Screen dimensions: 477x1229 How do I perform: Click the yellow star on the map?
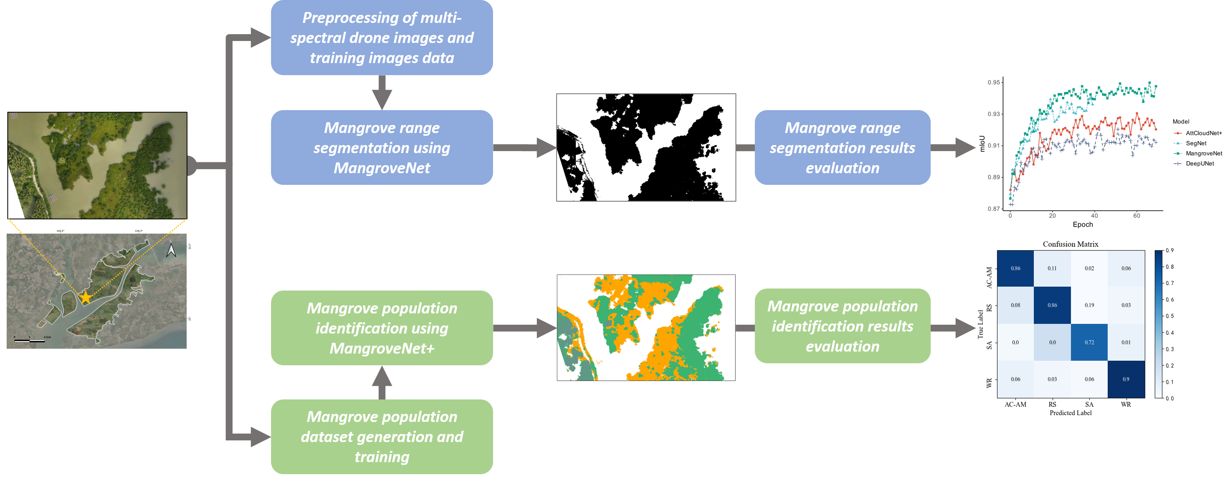pos(86,297)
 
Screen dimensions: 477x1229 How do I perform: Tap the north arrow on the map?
pos(171,250)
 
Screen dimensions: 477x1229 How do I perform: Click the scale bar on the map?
pos(30,340)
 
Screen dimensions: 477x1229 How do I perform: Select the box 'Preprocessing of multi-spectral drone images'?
pos(382,38)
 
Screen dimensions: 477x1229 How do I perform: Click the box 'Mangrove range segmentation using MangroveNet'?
pos(382,147)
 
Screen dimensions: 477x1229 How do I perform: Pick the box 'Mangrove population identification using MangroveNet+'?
pos(382,328)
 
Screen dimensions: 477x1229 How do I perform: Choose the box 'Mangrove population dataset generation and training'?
pos(382,436)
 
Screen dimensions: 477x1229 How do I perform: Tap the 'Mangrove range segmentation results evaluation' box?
pos(842,147)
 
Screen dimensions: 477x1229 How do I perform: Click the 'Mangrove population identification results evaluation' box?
pos(842,326)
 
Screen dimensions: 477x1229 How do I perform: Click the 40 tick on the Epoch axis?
pos(1094,216)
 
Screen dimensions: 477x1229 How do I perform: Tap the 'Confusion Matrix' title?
pos(1070,244)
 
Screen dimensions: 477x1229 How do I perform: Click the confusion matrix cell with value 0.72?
pos(1089,342)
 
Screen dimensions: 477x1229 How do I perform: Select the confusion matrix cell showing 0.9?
pos(1126,379)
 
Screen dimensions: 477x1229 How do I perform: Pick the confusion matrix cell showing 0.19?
pos(1089,305)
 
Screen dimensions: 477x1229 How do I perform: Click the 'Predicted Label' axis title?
pos(1070,413)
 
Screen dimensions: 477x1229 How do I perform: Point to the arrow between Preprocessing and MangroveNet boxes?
pos(382,92)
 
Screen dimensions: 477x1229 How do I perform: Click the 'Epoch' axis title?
pos(1082,224)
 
